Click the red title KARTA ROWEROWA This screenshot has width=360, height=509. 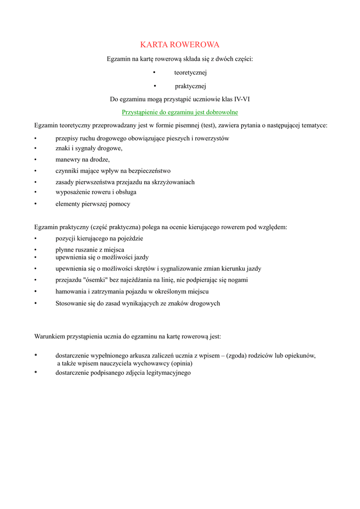click(180, 45)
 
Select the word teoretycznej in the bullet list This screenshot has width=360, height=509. click(186, 73)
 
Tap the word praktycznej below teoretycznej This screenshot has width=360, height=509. click(186, 86)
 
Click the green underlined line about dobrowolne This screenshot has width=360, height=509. click(180, 112)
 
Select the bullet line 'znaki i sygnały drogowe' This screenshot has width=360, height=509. click(89, 148)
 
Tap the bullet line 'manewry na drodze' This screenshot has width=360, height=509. click(82, 160)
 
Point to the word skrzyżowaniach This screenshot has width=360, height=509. click(173, 182)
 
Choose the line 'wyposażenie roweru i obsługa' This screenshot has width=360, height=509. click(95, 192)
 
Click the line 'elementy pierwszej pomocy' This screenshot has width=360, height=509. click(92, 204)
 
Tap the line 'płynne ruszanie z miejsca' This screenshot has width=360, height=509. click(90, 250)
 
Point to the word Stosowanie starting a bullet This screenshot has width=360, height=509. click(70, 303)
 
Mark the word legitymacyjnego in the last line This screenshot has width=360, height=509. click(168, 373)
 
